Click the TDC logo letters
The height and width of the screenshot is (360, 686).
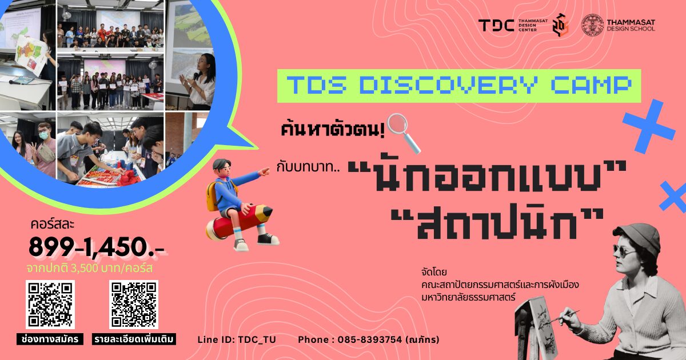(496, 25)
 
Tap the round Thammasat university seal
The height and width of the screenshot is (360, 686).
(593, 25)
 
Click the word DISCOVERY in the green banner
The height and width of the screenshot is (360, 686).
(449, 85)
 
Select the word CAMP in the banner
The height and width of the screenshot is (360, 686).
(591, 85)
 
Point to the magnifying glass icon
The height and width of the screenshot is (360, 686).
(404, 133)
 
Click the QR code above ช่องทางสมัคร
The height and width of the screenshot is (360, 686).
(50, 304)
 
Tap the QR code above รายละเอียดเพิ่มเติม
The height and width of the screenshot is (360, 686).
(134, 304)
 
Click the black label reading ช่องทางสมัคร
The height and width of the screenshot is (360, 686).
(50, 339)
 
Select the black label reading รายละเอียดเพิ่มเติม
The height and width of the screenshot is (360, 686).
(134, 339)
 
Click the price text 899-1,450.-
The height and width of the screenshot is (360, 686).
(96, 247)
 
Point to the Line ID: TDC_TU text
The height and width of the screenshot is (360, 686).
(237, 339)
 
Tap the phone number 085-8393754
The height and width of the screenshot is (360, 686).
(370, 339)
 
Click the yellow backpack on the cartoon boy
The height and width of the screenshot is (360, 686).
(214, 196)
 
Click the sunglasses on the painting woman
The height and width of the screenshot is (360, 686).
(625, 251)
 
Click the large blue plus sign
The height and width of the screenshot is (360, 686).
(649, 126)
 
